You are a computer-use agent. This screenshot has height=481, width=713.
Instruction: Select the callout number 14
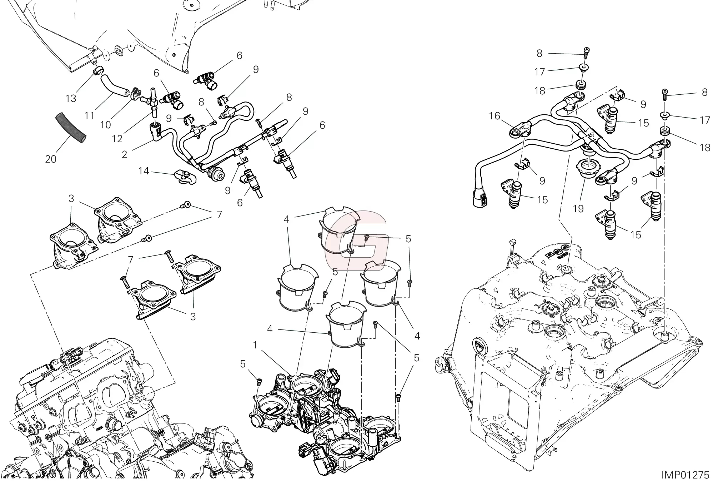pos(144,171)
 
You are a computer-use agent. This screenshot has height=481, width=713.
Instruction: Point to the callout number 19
pos(578,208)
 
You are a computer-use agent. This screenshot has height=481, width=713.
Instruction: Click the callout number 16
pos(495,116)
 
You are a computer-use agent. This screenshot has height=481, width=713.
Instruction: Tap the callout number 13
pos(71,98)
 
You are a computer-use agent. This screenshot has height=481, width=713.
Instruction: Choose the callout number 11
pos(90,115)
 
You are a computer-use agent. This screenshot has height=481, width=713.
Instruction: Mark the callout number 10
pos(106,125)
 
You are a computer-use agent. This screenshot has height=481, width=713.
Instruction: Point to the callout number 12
pos(117,138)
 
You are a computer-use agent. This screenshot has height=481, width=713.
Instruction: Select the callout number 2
pos(124,154)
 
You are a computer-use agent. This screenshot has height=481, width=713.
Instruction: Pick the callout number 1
pos(255,345)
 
